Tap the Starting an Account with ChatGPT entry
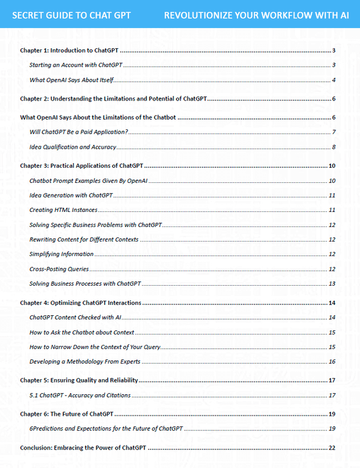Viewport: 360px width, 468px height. (75, 65)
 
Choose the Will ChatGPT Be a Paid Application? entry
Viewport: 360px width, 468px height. (79, 132)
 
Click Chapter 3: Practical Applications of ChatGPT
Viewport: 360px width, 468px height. (82, 166)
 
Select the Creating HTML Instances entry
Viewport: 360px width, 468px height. (63, 210)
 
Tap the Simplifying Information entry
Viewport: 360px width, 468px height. (62, 254)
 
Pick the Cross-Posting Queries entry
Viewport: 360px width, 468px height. (59, 269)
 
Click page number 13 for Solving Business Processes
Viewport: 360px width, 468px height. (332, 284)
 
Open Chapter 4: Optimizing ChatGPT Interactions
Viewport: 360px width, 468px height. (81, 303)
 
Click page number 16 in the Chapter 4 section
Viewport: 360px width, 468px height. (332, 362)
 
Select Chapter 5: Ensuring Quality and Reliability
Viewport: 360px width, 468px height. (78, 381)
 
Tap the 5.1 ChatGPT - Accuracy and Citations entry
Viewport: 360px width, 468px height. (80, 395)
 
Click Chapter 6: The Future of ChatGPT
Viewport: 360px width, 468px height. (66, 415)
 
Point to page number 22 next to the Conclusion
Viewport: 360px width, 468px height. (332, 448)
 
